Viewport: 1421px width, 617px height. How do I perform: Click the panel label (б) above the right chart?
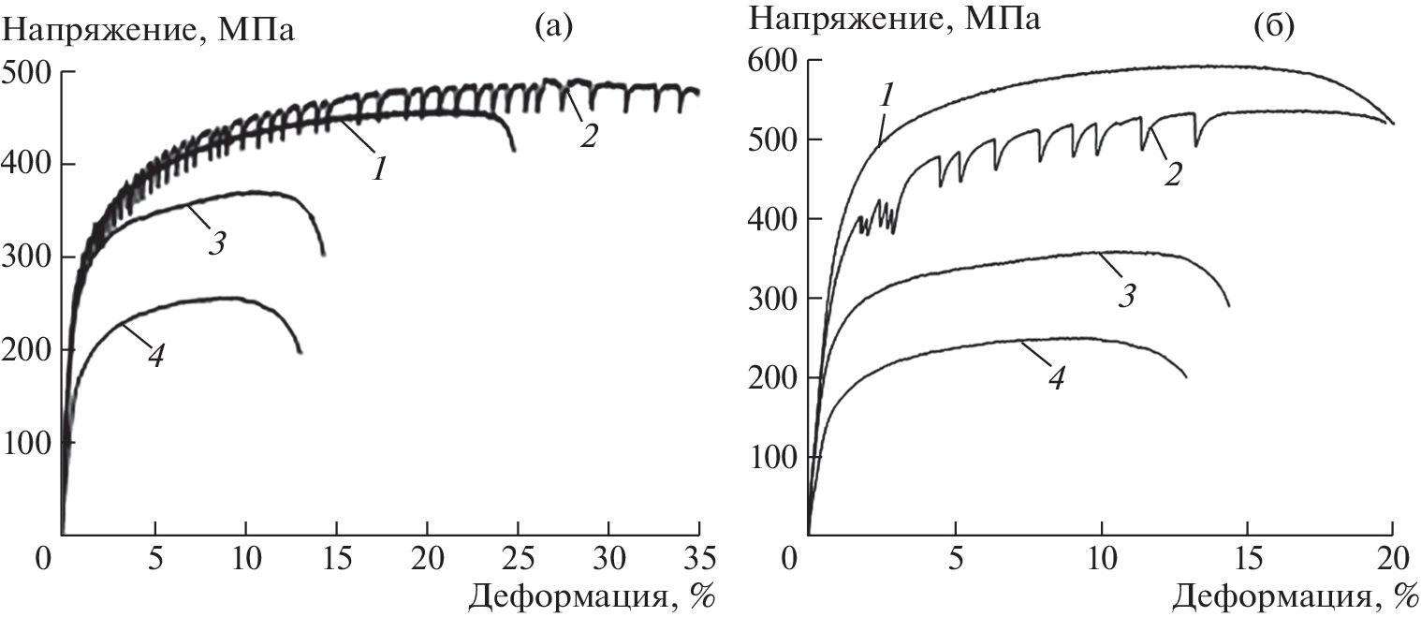point(1273,29)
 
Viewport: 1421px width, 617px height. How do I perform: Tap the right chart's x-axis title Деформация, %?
point(1296,595)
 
